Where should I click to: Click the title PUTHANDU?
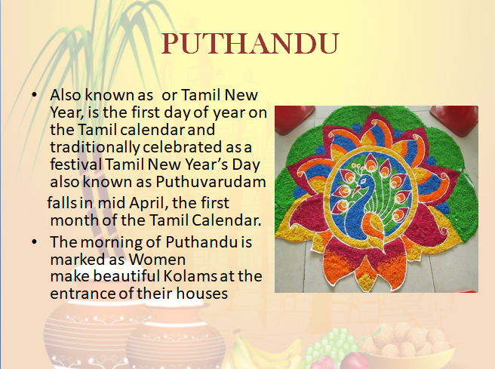click(x=250, y=44)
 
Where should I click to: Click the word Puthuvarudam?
click(x=211, y=182)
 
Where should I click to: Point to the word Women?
click(x=157, y=260)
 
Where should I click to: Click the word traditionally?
click(x=95, y=147)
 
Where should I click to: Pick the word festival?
click(x=76, y=165)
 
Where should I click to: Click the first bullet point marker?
click(x=35, y=94)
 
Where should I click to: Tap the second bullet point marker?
click(x=35, y=242)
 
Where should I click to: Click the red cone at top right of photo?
click(x=454, y=119)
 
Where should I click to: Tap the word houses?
click(x=201, y=293)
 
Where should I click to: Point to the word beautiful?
click(x=127, y=275)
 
